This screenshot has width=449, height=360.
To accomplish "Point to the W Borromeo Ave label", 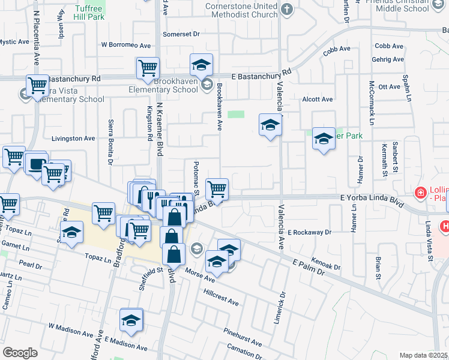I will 126,45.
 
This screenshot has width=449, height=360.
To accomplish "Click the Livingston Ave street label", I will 73,138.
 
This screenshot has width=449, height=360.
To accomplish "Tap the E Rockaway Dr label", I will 309,232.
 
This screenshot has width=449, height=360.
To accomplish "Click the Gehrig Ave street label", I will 389,59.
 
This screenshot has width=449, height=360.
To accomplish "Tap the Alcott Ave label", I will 318,99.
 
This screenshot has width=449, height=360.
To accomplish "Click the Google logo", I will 20,353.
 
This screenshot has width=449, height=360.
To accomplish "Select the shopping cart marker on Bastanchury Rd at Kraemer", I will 148,68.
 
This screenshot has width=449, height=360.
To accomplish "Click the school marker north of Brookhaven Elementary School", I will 202,64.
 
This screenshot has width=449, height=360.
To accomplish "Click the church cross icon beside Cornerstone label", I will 287,9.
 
